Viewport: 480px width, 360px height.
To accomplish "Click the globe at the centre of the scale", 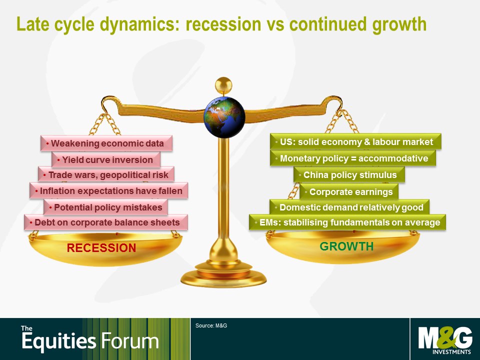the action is tap(224, 117).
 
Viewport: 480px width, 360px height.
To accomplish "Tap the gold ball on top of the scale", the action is tap(223, 85).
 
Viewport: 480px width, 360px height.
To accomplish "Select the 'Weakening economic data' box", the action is tap(106, 143).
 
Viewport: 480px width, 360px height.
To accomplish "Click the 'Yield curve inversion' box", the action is tap(106, 160).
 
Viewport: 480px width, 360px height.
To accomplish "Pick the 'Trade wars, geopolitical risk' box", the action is tap(106, 175).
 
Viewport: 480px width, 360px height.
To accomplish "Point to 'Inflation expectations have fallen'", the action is tap(108, 190).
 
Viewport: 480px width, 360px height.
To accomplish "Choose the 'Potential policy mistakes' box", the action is tap(105, 207).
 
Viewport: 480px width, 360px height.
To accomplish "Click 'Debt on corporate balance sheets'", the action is tap(106, 222).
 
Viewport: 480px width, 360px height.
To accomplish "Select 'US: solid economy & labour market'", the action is tap(355, 141).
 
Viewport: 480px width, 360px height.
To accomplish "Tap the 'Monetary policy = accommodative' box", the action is tap(353, 158).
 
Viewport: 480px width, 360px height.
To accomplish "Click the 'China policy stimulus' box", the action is tap(349, 175).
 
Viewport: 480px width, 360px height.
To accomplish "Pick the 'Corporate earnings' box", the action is tap(349, 191).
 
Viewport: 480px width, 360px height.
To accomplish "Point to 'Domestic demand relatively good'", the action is tap(349, 207).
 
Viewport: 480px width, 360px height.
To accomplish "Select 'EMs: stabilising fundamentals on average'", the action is tap(347, 222).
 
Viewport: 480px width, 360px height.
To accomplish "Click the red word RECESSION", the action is tap(101, 247).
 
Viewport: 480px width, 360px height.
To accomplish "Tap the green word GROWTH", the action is tap(346, 246).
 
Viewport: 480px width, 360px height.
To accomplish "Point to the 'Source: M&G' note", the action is tap(211, 325).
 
